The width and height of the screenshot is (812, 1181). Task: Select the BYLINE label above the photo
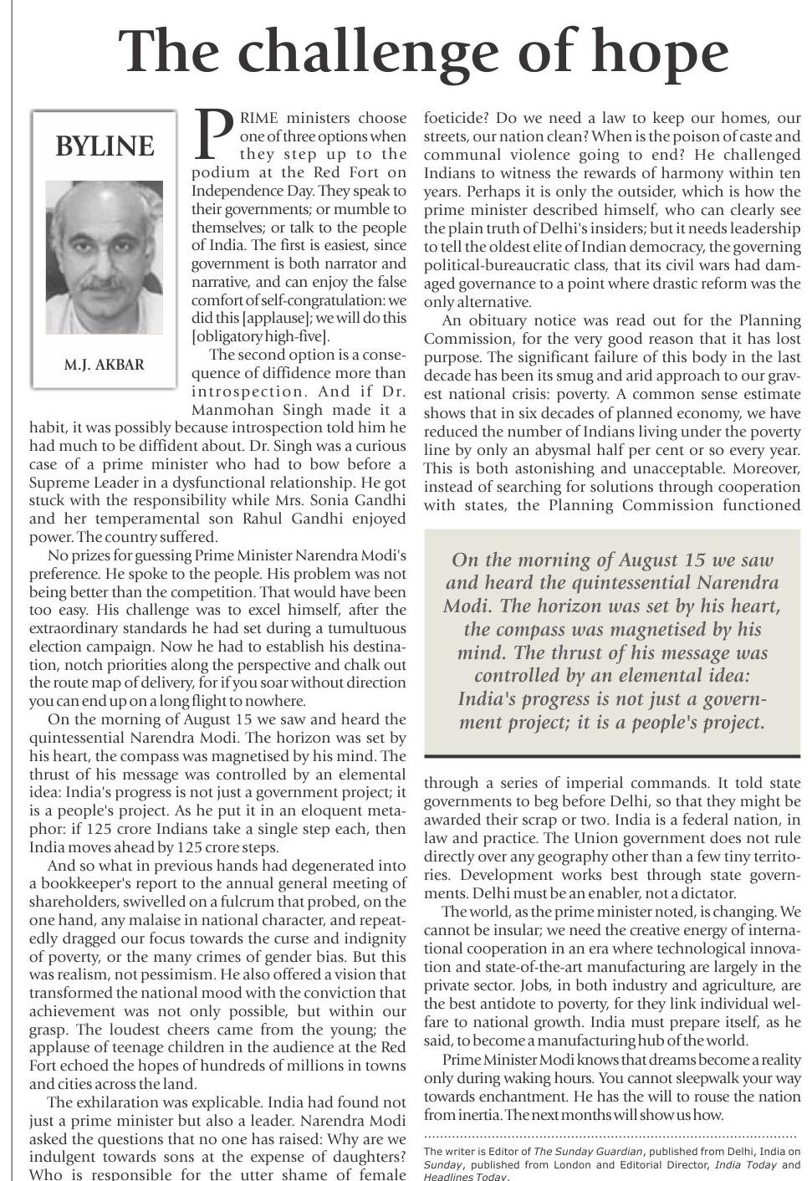pos(105,146)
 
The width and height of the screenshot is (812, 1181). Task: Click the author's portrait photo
pos(104,257)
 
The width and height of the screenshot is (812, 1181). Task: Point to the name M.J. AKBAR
pos(104,366)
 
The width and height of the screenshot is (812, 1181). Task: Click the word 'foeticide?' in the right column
pos(457,118)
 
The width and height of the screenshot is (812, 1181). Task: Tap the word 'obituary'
pos(505,320)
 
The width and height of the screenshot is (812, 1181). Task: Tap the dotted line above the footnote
pos(610,1137)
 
